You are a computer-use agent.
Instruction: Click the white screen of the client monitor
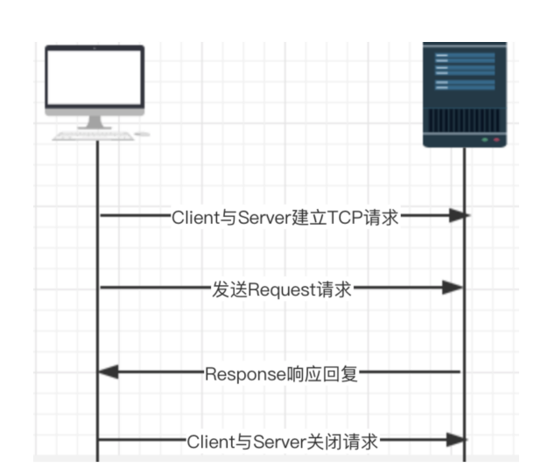tap(94, 78)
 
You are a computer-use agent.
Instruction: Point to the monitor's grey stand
tap(95, 121)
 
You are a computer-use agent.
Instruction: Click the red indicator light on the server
tap(496, 140)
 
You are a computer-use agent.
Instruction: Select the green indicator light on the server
tap(483, 140)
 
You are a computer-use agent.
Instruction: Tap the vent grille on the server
tap(464, 119)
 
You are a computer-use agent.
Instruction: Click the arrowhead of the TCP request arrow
tap(456, 216)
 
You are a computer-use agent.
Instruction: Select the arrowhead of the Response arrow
tap(108, 373)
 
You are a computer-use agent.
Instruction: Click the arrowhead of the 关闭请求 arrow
tap(456, 441)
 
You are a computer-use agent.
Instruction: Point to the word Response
tap(246, 375)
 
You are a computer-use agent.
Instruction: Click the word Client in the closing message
tap(209, 442)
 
